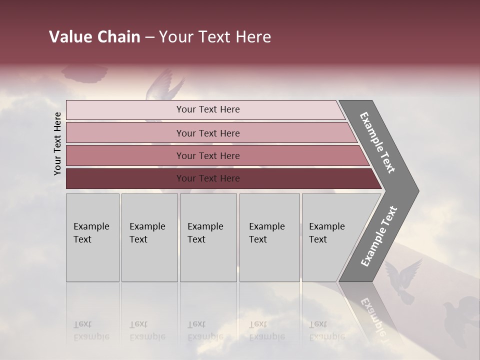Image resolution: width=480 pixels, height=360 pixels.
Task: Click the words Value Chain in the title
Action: pyautogui.click(x=94, y=37)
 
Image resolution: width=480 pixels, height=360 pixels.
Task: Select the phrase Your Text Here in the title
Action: pyautogui.click(x=215, y=37)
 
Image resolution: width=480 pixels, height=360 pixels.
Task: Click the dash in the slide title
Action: pyautogui.click(x=149, y=37)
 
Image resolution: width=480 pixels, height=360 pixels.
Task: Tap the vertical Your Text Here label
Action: pyautogui.click(x=57, y=143)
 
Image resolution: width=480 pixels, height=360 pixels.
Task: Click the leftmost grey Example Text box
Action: pyautogui.click(x=92, y=237)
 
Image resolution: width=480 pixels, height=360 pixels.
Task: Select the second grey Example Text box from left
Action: pyautogui.click(x=149, y=237)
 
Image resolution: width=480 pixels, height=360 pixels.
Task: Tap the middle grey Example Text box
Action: pyautogui.click(x=208, y=237)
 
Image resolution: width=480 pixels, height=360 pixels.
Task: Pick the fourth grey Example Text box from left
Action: pyautogui.click(x=269, y=237)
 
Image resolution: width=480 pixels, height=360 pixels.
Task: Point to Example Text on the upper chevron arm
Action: pyautogui.click(x=378, y=143)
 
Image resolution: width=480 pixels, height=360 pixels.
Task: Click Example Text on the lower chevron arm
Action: pyautogui.click(x=379, y=236)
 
